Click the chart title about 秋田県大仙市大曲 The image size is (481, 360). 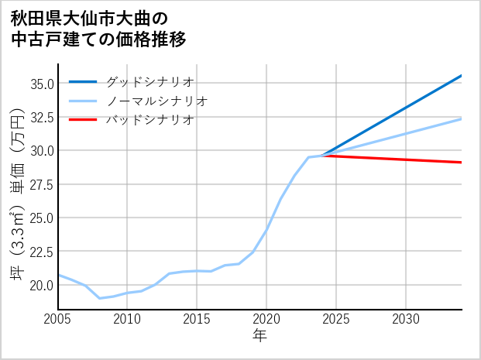(99, 28)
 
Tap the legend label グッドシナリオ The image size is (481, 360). (149, 81)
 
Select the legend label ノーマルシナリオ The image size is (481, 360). (156, 101)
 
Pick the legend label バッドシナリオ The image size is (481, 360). (149, 120)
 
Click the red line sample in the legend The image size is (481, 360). (83, 120)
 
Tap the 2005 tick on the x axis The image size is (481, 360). (58, 319)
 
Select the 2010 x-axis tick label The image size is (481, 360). (127, 319)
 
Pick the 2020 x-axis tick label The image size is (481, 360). (266, 319)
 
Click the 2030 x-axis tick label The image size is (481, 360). (406, 319)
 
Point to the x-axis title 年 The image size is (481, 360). (259, 336)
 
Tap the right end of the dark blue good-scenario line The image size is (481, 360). (461, 76)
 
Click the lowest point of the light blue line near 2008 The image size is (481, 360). (100, 298)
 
